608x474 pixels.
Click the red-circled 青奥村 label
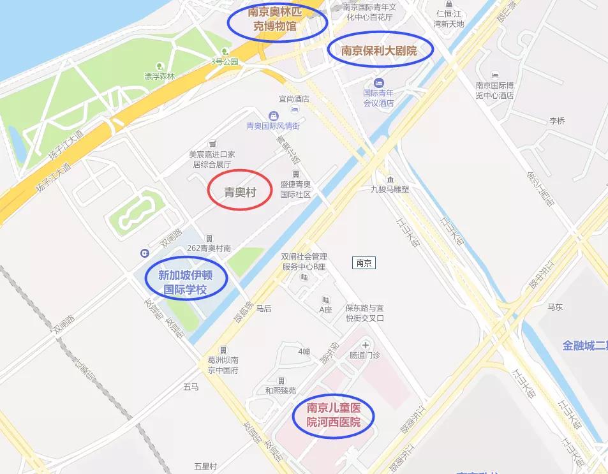click(x=240, y=191)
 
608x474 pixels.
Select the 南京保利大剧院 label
click(x=380, y=50)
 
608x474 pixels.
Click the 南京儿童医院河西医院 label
click(x=333, y=415)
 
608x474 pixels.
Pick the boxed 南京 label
click(x=364, y=263)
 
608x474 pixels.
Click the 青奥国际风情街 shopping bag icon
click(x=273, y=115)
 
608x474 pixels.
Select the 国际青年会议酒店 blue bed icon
click(x=379, y=83)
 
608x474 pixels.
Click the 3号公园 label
click(x=225, y=62)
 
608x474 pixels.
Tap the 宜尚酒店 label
click(x=294, y=99)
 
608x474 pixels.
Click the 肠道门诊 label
click(x=365, y=355)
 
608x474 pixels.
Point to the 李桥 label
click(x=557, y=121)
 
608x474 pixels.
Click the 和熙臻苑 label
click(x=281, y=390)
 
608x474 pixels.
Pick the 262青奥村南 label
click(x=209, y=248)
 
